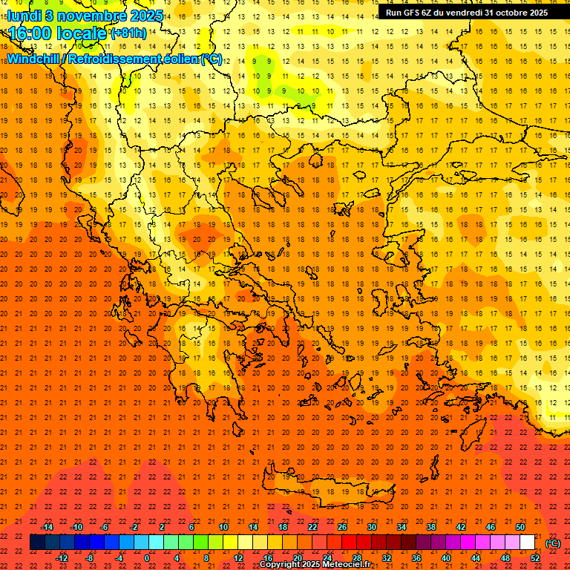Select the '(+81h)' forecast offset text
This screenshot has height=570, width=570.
(x=128, y=33)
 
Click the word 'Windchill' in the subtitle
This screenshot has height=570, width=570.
(x=35, y=59)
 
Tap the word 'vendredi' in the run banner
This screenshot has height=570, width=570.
(x=459, y=13)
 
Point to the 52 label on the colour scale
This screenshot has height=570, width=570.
(x=535, y=558)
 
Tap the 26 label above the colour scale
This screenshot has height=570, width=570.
(x=342, y=527)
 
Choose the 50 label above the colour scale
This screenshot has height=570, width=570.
(x=520, y=527)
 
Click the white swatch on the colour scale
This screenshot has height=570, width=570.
(x=528, y=543)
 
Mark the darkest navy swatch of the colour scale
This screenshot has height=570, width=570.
(x=37, y=543)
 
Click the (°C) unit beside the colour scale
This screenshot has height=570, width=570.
(x=553, y=543)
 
